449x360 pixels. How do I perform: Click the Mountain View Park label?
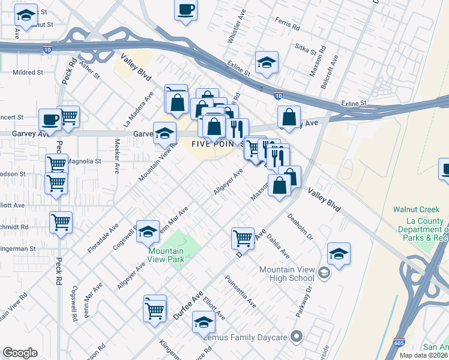click(x=166, y=255)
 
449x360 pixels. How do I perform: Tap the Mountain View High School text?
click(x=286, y=274)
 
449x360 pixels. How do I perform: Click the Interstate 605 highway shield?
click(x=399, y=342)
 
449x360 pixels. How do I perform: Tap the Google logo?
click(x=20, y=352)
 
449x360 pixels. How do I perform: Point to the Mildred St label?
click(x=28, y=72)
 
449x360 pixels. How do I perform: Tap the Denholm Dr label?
click(x=300, y=227)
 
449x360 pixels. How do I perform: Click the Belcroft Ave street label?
click(x=331, y=71)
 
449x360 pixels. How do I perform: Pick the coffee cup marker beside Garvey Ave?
click(x=50, y=119)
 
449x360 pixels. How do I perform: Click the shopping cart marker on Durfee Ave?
click(x=243, y=238)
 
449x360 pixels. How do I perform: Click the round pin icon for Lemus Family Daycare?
click(x=295, y=337)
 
